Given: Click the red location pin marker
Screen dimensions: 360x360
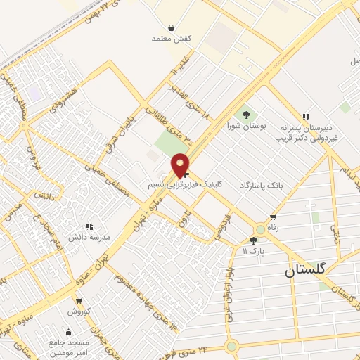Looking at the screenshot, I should coord(181,165).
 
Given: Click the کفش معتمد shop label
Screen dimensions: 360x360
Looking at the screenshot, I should coord(172,39).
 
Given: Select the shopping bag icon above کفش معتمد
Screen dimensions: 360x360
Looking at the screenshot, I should coord(172,28).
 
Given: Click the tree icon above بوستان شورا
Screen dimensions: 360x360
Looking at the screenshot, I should coord(246,113).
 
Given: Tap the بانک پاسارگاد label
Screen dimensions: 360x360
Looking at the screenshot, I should coord(261,184).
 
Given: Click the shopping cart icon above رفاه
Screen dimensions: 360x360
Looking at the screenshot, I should coord(272,217).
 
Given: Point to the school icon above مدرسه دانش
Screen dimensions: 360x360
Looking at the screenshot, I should coord(89,226).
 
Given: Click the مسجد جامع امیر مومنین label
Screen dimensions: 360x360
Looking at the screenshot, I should coord(69,347).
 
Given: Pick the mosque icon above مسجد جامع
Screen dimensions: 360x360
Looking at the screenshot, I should coord(69,333).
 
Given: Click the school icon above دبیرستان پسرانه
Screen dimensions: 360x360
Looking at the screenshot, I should coord(305,116).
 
